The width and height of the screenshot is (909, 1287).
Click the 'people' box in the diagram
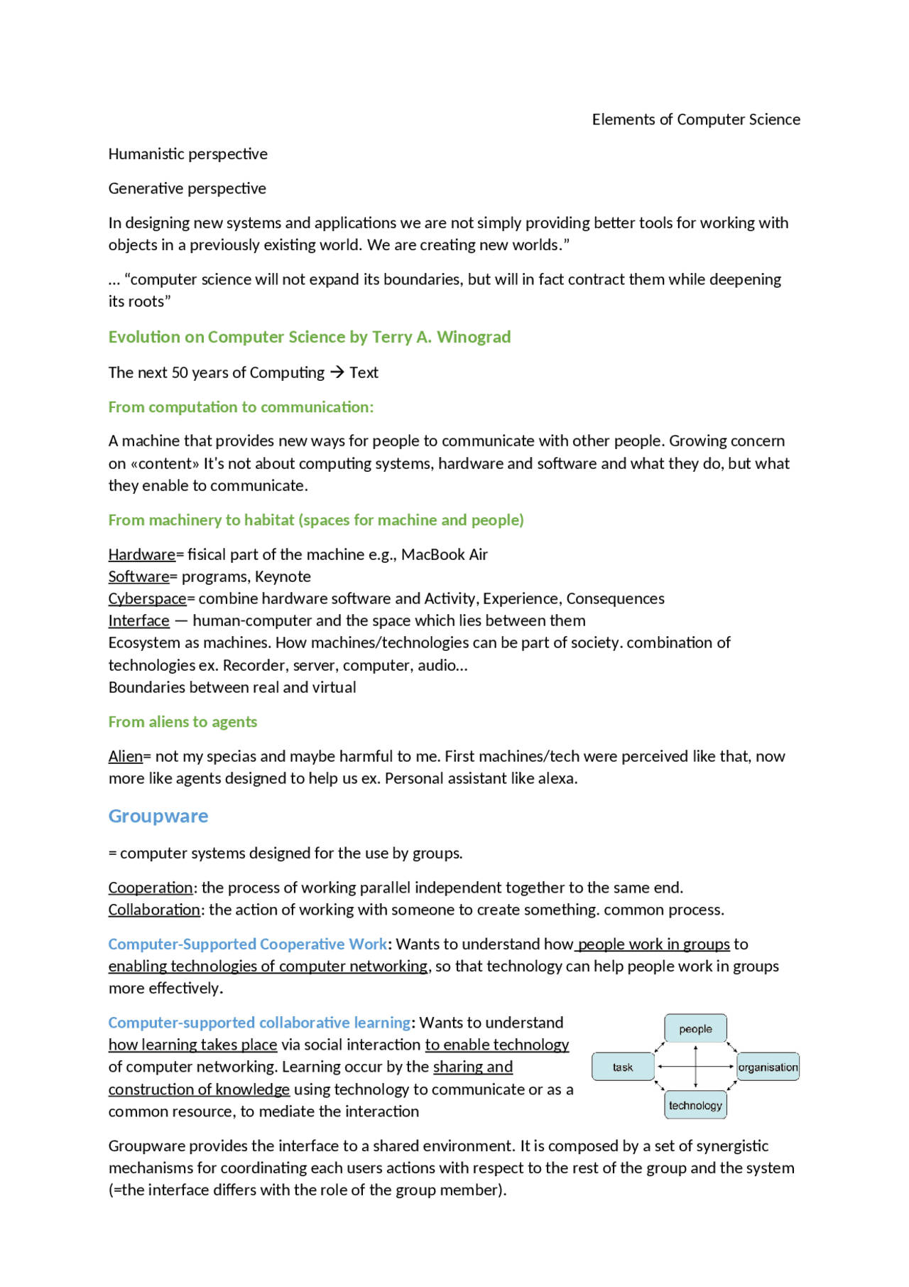click(x=695, y=1028)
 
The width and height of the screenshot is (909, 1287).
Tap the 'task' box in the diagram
click(x=623, y=1067)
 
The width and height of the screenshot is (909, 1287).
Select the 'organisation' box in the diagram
click(x=768, y=1067)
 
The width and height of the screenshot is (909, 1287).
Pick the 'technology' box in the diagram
click(x=695, y=1105)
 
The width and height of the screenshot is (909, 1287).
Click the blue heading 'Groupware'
click(x=158, y=816)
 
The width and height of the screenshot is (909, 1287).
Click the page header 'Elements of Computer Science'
click(x=696, y=119)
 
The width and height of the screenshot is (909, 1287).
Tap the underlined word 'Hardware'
click(x=141, y=554)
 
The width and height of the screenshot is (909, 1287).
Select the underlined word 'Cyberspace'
click(x=147, y=598)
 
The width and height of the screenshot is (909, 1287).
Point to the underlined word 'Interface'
click(x=138, y=620)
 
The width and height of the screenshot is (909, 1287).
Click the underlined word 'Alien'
click(x=125, y=756)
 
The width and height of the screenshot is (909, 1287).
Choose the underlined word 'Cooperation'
click(x=150, y=888)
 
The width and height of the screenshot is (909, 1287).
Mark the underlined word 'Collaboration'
click(x=154, y=910)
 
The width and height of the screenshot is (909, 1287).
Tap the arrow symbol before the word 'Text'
click(x=337, y=372)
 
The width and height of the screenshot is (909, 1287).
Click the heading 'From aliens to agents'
click(x=183, y=722)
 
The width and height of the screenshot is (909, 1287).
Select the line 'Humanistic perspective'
click(x=187, y=154)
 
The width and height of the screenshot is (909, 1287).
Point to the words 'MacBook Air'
click(x=445, y=554)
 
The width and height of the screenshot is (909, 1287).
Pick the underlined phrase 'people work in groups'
click(x=654, y=944)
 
